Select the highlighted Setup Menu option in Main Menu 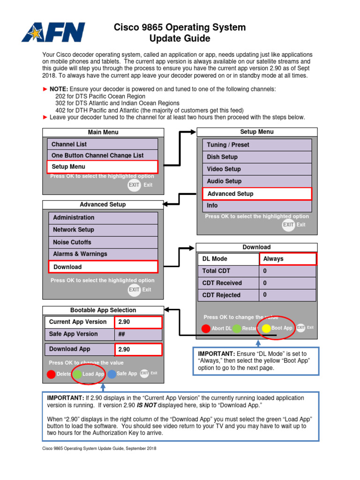coord(102,166)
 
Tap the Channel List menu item coord(102,144)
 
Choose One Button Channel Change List coord(102,155)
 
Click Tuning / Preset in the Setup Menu coord(257,145)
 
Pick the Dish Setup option coord(257,157)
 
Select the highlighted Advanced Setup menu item coord(257,194)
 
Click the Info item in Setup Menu coord(257,206)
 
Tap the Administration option coord(103,217)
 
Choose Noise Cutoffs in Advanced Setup coord(103,242)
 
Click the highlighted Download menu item coord(103,267)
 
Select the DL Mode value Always coord(287,259)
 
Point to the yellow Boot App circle coord(266,328)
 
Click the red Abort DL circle coord(206,328)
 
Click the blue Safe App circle coord(112,374)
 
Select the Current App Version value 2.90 coord(138,322)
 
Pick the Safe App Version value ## coord(138,334)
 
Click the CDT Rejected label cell coord(228,295)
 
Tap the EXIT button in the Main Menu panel coord(134,185)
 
